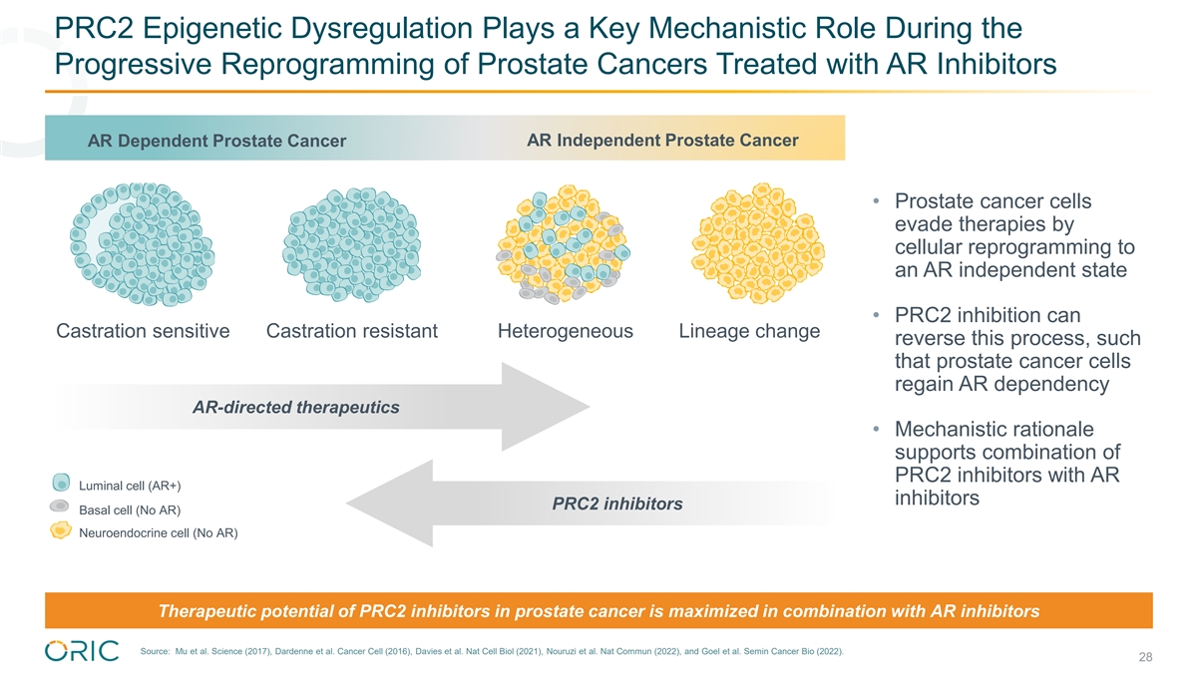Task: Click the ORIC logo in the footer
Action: coord(82,650)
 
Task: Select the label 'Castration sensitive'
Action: coord(144,331)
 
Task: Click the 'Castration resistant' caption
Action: coord(352,331)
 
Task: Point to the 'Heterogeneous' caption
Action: coord(565,331)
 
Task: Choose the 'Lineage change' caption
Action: coord(749,330)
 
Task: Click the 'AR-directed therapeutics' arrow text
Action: coord(295,407)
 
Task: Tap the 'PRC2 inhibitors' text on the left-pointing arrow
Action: coord(617,504)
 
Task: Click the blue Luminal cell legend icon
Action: coord(60,484)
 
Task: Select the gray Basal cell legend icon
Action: coord(59,506)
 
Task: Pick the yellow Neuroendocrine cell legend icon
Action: coord(60,530)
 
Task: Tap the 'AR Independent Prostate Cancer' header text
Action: coord(661,140)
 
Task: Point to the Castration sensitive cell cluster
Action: coord(139,243)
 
